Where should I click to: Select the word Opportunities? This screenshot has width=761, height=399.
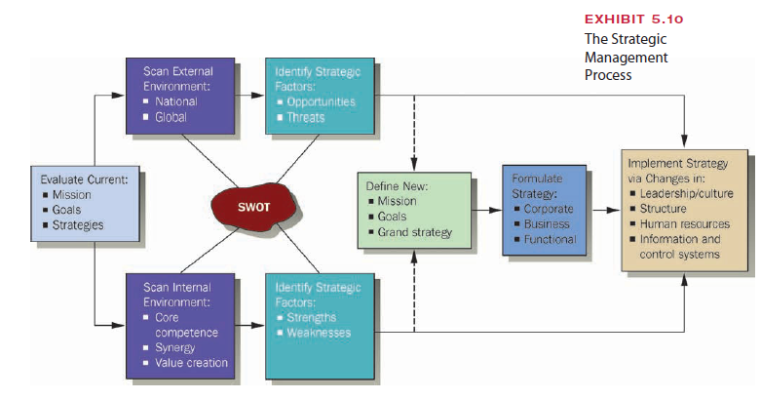point(321,101)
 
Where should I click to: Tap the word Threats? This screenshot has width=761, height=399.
point(306,117)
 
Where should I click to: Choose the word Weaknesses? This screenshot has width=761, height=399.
point(319,333)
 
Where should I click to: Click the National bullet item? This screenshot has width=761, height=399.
point(175,101)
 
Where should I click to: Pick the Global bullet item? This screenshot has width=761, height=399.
point(171,117)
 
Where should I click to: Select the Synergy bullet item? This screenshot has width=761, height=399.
point(174,347)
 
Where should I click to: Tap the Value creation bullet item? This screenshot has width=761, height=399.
point(191,363)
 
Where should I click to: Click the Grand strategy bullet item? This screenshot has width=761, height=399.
point(414,232)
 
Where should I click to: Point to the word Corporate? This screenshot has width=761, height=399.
point(549,209)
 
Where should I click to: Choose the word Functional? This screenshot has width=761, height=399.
point(550,239)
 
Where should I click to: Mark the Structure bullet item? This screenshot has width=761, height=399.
point(665,209)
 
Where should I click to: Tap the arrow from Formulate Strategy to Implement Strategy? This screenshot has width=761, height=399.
point(603,209)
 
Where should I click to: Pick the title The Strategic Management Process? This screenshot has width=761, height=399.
point(626,58)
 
